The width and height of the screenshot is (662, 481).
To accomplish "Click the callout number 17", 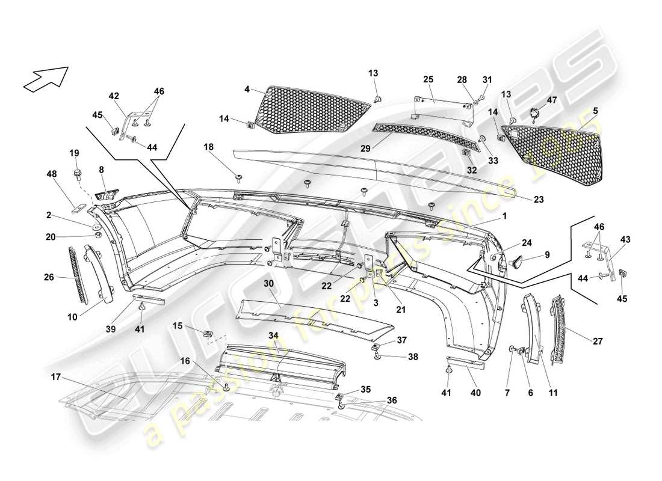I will tap(56, 378).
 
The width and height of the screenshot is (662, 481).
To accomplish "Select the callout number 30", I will tap(268, 282).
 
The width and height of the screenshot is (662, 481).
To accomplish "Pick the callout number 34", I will tap(273, 334).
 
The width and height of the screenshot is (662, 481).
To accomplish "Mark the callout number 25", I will tap(428, 79).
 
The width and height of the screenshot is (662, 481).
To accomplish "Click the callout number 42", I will tap(114, 96).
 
